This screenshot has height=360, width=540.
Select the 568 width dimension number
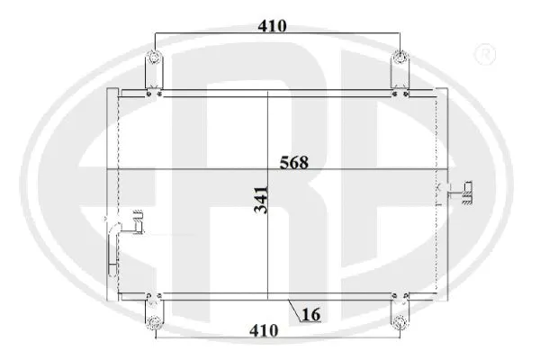293,163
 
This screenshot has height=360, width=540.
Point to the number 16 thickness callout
311,314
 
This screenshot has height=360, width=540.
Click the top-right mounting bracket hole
400,61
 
